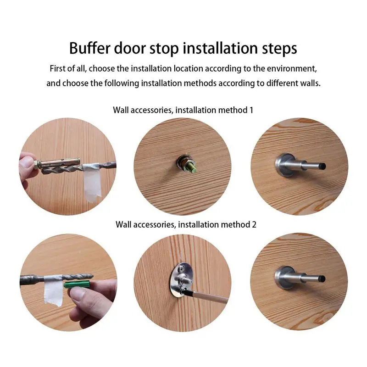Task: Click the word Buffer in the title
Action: pyautogui.click(x=89, y=48)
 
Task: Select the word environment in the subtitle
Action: pyautogui.click(x=291, y=68)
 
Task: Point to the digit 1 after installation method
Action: pyautogui.click(x=251, y=110)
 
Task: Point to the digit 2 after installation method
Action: pyautogui.click(x=254, y=224)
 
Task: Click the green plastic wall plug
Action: pyautogui.click(x=77, y=284)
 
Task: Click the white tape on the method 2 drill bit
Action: pyautogui.click(x=54, y=290)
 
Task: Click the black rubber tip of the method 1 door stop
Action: pyautogui.click(x=322, y=166)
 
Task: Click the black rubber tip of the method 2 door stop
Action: pyautogui.click(x=322, y=278)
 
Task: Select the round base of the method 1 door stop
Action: pyautogui.click(x=284, y=165)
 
